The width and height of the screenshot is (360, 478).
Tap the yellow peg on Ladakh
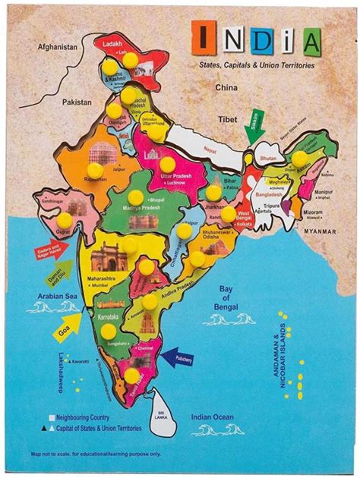pos(131,59)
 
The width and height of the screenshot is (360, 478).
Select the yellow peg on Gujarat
pos(65,219)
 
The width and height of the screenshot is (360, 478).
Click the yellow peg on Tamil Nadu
pos(132,376)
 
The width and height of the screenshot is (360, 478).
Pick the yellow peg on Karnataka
pos(109,332)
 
